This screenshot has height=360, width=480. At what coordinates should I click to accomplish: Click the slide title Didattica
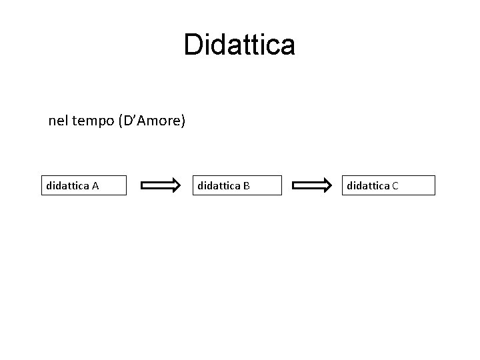pyautogui.click(x=239, y=45)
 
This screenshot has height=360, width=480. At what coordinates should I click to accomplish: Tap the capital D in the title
pyautogui.click(x=193, y=45)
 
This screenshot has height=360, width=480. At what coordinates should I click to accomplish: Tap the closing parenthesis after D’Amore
pyautogui.click(x=184, y=122)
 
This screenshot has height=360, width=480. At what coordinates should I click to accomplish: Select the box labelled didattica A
pyautogui.click(x=83, y=185)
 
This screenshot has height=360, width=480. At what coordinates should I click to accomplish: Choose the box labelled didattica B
pyautogui.click(x=237, y=185)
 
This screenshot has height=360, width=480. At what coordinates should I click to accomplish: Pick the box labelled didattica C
pyautogui.click(x=389, y=185)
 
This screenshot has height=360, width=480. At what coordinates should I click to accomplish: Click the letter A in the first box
pyautogui.click(x=95, y=186)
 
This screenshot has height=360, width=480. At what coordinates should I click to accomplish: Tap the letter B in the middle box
pyautogui.click(x=247, y=186)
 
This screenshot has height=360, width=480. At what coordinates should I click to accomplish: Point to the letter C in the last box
pyautogui.click(x=395, y=186)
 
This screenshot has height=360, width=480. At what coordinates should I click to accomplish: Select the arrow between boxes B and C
pyautogui.click(x=313, y=185)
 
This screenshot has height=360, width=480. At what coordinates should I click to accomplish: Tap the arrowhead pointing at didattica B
pyautogui.click(x=175, y=185)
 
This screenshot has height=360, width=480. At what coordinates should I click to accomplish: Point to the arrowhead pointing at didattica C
pyautogui.click(x=327, y=185)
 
